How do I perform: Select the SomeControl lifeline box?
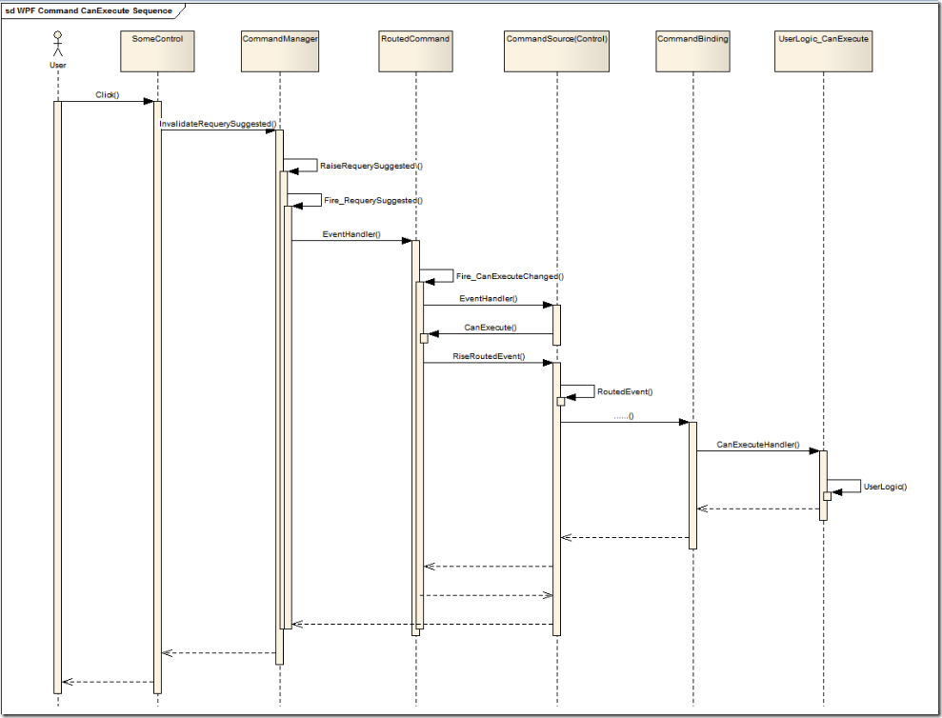coord(157,51)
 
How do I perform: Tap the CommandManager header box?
coord(280,51)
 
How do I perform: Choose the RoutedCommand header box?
coord(415,51)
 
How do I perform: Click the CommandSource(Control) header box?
coord(557,51)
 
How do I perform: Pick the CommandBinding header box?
coord(692,51)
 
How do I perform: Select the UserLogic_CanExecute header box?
coord(824,51)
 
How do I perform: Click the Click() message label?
coord(108,95)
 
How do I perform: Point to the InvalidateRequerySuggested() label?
coord(218,124)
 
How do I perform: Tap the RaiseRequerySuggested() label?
coord(371,166)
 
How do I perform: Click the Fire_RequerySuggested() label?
coord(373,201)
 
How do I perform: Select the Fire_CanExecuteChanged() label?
coord(510,276)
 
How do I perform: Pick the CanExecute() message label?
coord(490,328)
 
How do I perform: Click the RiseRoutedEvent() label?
coord(489,356)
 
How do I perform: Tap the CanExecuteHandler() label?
coord(757,445)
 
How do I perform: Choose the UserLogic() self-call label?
coord(885,487)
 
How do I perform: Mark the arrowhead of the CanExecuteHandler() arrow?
coord(814,451)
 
